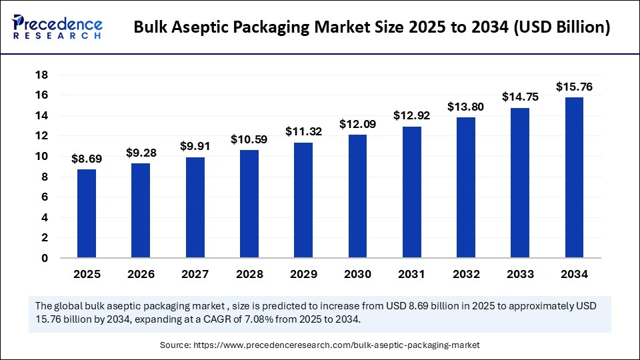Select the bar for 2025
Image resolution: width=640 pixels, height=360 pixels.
(87, 213)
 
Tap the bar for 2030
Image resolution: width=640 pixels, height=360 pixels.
(357, 196)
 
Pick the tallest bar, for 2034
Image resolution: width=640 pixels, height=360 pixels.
(574, 177)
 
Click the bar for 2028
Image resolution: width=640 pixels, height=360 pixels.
(249, 203)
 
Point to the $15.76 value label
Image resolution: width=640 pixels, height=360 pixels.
(574, 87)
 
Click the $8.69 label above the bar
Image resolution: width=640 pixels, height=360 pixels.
(87, 159)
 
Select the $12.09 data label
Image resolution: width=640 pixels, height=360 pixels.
(357, 124)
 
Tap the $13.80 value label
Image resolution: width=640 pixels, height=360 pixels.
(466, 107)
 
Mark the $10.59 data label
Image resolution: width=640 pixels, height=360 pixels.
(249, 139)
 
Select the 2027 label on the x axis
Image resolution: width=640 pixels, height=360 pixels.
(195, 274)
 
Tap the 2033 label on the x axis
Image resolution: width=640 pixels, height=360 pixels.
(520, 274)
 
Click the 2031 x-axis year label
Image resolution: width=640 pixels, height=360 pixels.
(411, 274)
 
